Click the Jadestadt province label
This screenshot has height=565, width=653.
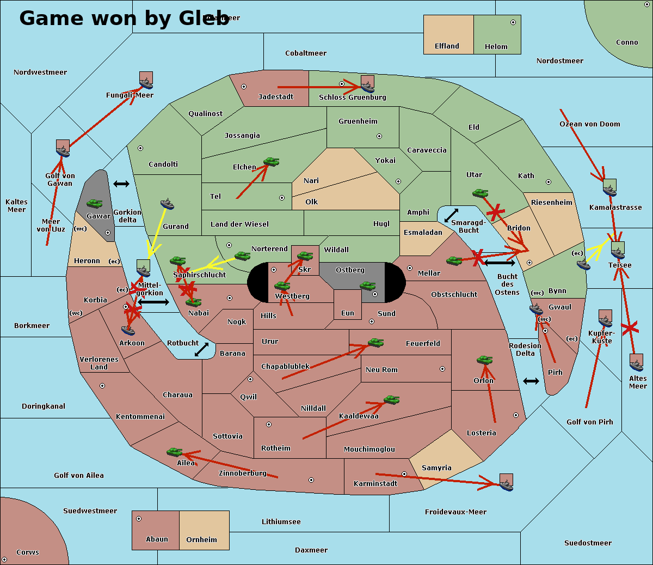pos(275,97)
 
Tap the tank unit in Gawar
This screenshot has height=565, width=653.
pos(95,204)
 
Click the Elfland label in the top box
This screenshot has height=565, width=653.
pos(447,46)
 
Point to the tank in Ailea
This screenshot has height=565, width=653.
pos(174,452)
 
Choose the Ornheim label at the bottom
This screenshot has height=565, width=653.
pos(201,540)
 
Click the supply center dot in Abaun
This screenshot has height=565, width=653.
pos(139,519)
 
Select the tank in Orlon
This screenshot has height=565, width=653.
pos(484,360)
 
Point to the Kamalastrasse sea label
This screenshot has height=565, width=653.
pos(615,208)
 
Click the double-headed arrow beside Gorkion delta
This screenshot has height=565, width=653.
pos(121,184)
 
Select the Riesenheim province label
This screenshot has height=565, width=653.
pos(552,203)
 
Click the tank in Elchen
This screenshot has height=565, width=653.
pos(271,162)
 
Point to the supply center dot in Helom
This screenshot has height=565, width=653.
pos(513,22)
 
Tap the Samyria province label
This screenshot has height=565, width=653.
pos(436,468)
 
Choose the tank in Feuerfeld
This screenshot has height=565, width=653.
pos(375,343)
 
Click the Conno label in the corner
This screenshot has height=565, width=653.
pos(627,42)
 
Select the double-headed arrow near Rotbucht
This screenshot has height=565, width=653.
pos(201,350)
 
